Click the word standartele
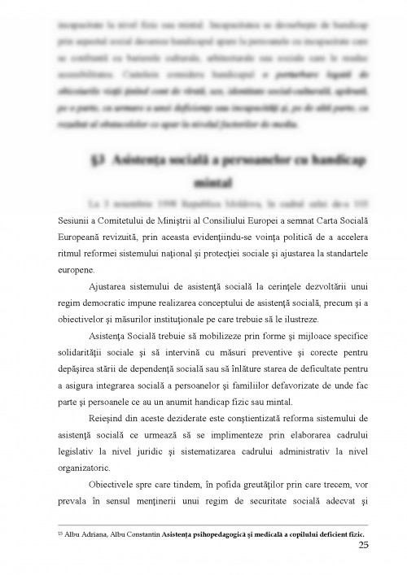tap(339, 253)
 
